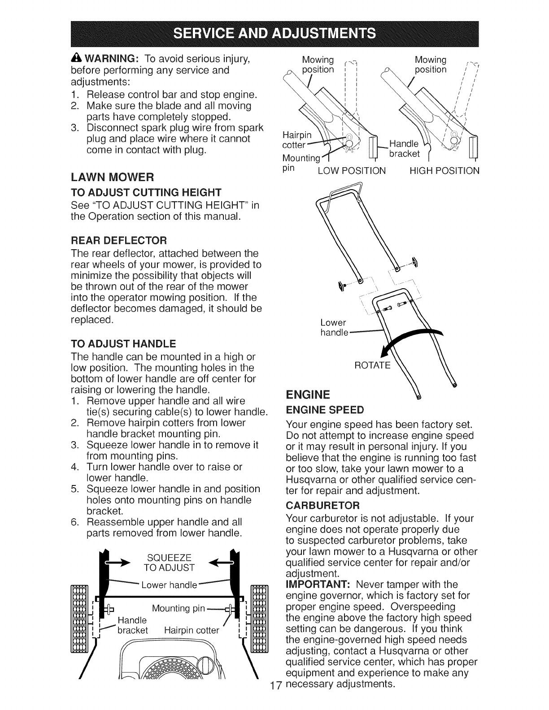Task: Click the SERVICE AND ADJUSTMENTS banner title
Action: click(274, 34)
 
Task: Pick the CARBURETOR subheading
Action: click(323, 506)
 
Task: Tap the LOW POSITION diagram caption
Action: click(351, 171)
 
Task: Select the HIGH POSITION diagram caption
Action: click(444, 171)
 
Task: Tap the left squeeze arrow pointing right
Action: click(116, 561)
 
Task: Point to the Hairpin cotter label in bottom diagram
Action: click(192, 630)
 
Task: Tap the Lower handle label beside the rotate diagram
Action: click(334, 327)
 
